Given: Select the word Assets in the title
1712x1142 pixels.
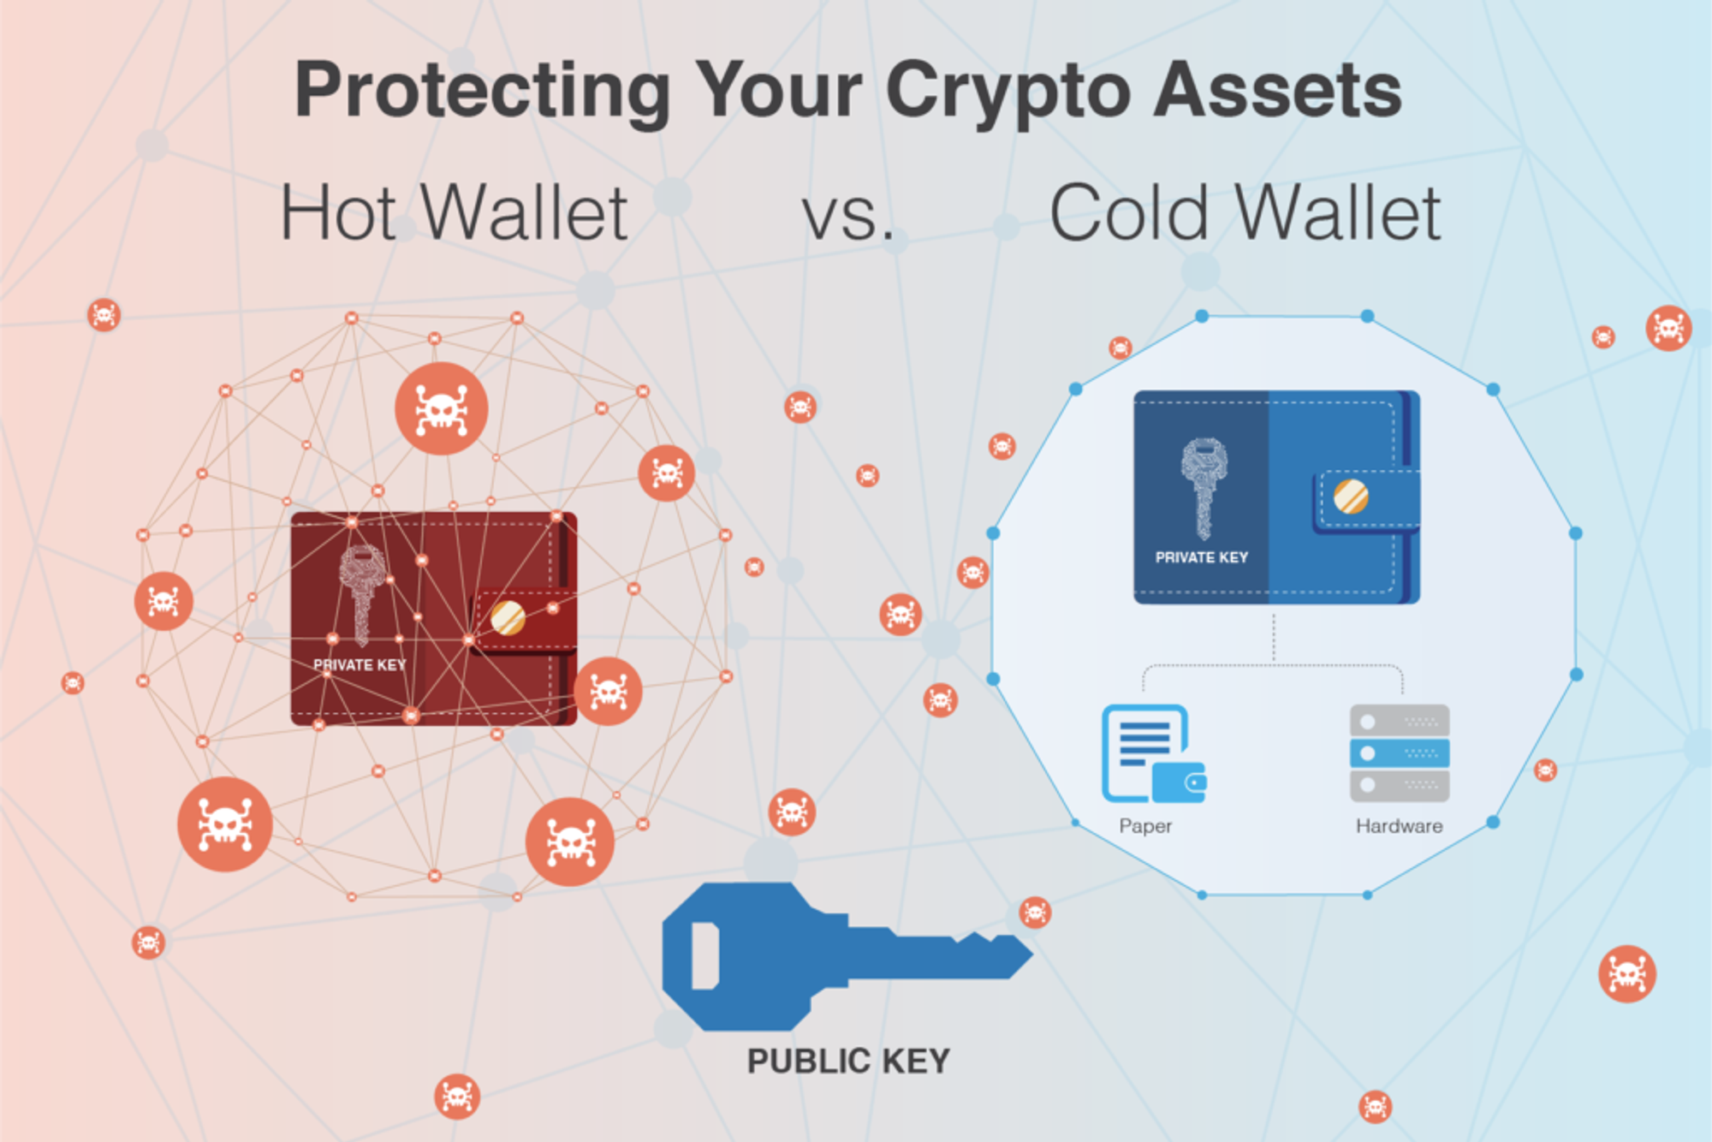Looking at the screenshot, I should [x=1277, y=91].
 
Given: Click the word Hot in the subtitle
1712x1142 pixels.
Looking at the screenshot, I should [x=339, y=214].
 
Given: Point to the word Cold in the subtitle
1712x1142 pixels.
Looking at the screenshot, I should [x=1129, y=214].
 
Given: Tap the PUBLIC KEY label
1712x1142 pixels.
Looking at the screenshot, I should [x=848, y=1062].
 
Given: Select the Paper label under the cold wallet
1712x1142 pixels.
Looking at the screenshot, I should [x=1145, y=826].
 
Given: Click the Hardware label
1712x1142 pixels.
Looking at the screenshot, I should [x=1399, y=826].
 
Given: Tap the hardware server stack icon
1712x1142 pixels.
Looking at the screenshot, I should [x=1399, y=752].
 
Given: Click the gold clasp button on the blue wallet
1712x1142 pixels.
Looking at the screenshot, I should [x=1351, y=497].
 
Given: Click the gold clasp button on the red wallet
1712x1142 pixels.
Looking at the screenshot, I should [x=508, y=617].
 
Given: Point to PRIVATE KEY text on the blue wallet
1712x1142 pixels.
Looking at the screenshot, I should [x=1201, y=557].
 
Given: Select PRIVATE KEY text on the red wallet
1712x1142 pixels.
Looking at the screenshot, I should [x=360, y=665].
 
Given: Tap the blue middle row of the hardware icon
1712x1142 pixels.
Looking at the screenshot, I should [x=1399, y=753].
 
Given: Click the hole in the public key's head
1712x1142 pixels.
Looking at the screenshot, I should [x=704, y=955].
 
